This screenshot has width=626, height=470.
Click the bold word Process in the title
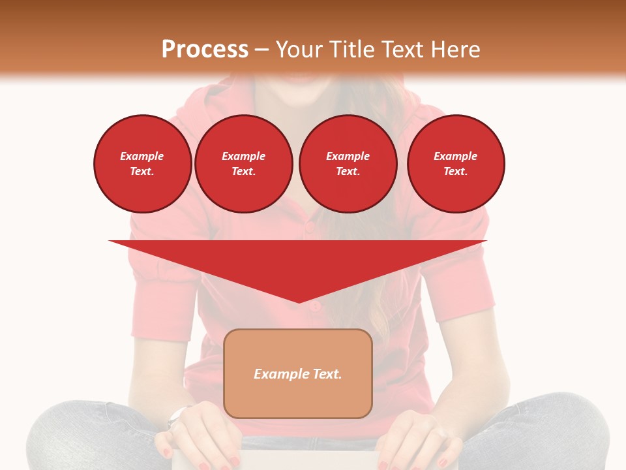point(205,50)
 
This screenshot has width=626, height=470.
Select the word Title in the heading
point(354,50)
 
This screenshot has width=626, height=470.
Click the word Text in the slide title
point(403,50)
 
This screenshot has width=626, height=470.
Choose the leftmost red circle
point(143,164)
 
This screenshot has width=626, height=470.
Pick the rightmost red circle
point(456,164)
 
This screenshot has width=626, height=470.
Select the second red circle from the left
point(244,164)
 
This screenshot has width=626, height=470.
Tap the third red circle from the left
point(348,164)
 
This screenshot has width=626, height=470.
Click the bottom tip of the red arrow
point(299,302)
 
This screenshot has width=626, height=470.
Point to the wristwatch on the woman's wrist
point(177,416)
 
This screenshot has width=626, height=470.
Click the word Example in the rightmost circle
point(456,156)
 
